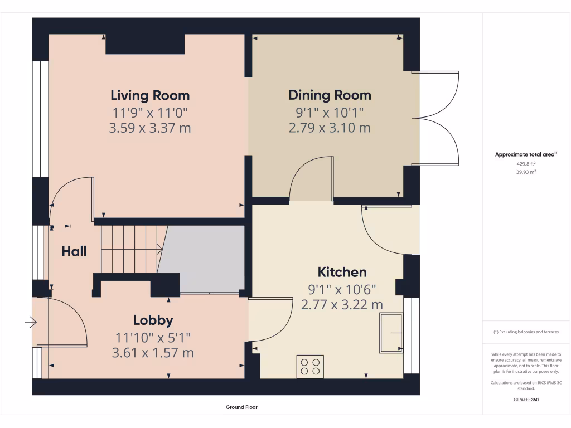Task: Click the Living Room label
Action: (149, 95)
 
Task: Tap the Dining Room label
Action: (330, 95)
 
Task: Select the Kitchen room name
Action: (342, 272)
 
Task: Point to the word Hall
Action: (74, 251)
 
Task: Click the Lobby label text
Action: (153, 320)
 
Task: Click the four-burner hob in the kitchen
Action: (310, 366)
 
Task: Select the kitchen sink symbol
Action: (391, 333)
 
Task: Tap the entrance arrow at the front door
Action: (30, 322)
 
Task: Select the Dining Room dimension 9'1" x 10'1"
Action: (330, 112)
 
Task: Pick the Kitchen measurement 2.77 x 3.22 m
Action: (342, 305)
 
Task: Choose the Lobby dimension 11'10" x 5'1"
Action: (153, 337)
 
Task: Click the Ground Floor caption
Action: (241, 407)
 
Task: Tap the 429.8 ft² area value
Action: (526, 164)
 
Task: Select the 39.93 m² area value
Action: (526, 172)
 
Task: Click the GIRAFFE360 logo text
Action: (526, 400)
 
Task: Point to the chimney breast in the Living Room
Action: (145, 45)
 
